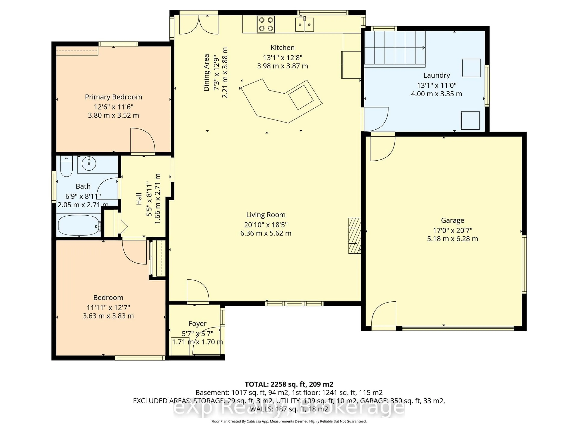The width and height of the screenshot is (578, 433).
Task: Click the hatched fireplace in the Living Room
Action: pos(354,236)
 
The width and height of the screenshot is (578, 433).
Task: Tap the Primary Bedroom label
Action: pos(113,97)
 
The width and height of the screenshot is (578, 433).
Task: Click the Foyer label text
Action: pos(197,324)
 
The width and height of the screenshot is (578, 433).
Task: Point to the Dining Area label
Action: pos(206,73)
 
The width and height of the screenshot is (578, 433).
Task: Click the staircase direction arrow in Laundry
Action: pos(423,48)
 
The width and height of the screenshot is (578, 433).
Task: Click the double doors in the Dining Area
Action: pos(199,25)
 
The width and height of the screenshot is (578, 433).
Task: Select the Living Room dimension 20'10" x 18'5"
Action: pos(266,225)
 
